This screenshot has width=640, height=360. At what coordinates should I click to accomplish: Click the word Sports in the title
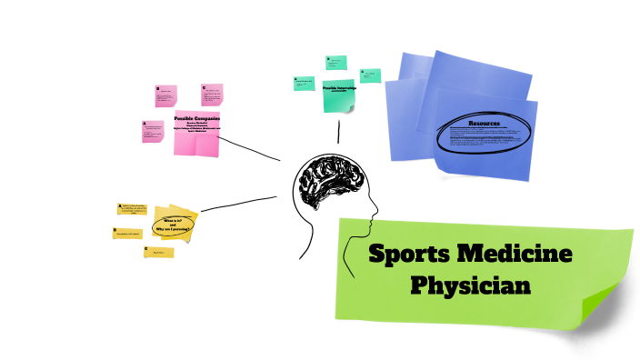[x=409, y=254]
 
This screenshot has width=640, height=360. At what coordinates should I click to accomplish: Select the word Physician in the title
[x=469, y=285]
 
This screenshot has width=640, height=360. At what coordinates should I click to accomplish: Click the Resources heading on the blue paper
[x=484, y=123]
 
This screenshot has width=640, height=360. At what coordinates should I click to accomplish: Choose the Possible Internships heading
[x=338, y=87]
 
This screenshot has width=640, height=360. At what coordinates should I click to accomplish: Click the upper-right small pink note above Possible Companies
[x=212, y=94]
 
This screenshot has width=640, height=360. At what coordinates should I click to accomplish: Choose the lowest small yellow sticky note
[x=158, y=252]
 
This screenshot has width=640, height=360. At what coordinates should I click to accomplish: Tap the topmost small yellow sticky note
[x=132, y=210]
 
